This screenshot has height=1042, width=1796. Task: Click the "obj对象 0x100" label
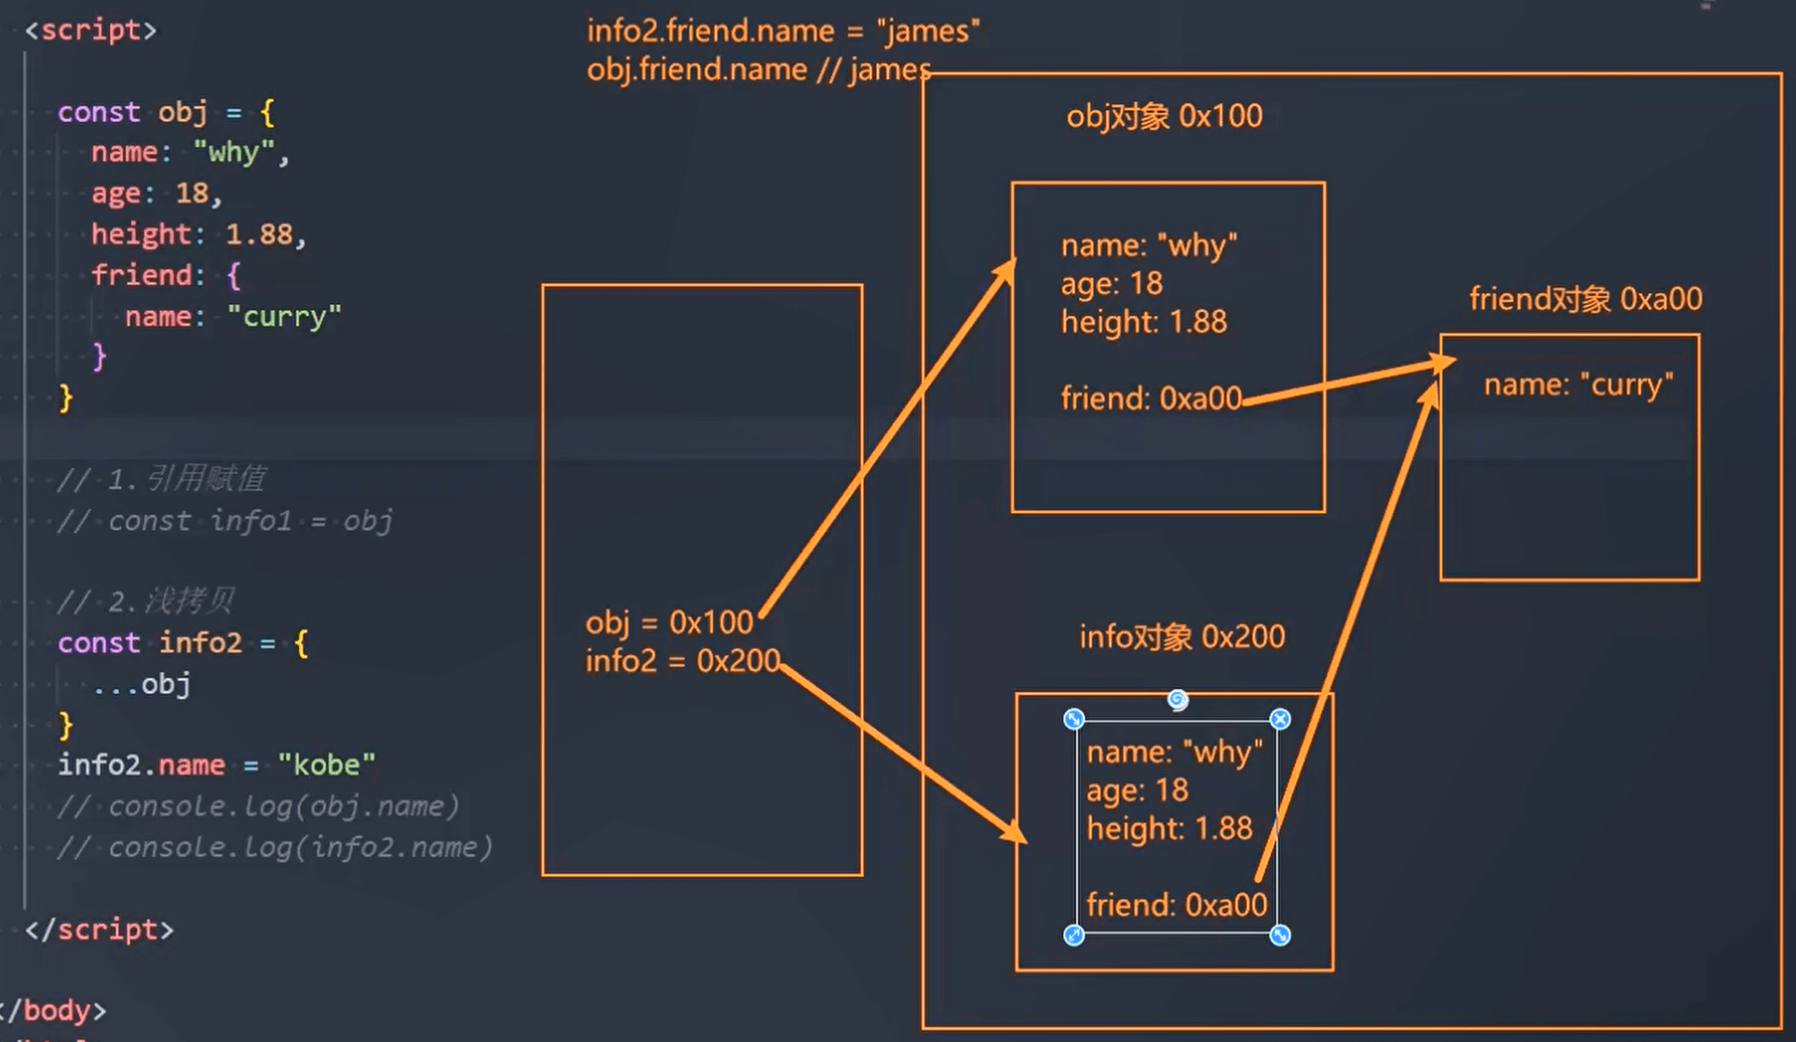pos(1164,116)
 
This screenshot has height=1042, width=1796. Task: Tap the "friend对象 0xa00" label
pos(1585,299)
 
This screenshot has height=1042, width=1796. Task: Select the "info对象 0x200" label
pos(1182,637)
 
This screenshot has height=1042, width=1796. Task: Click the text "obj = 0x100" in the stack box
pos(668,622)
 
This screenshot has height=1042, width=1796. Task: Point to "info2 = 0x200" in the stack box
pos(682,661)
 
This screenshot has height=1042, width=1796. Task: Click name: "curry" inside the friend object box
pos(1578,385)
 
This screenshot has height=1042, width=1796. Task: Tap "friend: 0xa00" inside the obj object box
pos(1151,399)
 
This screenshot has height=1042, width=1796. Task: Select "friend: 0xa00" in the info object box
pos(1176,905)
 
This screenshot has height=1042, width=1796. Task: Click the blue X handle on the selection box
pos(1280,719)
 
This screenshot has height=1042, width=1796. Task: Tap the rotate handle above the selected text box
pos(1178,699)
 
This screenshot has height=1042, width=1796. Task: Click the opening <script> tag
pos(90,30)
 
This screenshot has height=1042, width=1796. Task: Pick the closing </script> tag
pos(100,929)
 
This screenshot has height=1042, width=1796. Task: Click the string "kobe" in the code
pos(326,765)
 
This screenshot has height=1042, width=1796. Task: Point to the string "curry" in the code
pos(284,317)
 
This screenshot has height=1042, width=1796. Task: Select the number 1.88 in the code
pos(259,234)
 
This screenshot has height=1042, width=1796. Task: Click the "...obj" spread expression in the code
pos(142,684)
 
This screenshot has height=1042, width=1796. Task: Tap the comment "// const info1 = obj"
pos(224,521)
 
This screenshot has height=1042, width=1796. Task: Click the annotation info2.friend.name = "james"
pos(783,31)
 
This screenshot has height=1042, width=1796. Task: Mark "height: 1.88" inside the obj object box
pos(1143,322)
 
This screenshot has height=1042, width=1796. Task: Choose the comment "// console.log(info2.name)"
pos(274,847)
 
